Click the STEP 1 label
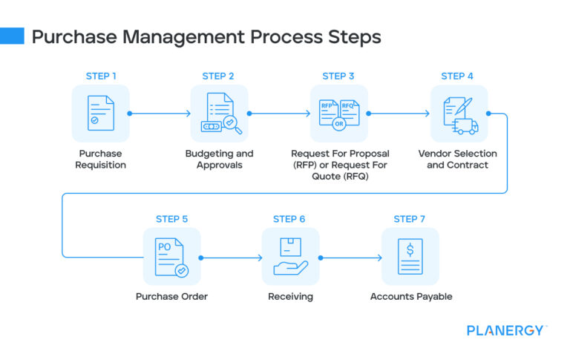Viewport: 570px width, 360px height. click(100, 76)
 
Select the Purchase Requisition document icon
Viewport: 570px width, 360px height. click(100, 114)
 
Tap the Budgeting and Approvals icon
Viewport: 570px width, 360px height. click(220, 114)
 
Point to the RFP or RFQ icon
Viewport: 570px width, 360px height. click(338, 114)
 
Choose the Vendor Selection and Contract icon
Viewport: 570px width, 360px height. click(459, 114)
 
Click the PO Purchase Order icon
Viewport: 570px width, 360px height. click(171, 257)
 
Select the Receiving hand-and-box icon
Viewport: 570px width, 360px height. click(290, 257)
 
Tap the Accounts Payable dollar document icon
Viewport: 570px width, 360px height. click(410, 257)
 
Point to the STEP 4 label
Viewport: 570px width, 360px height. click(457, 76)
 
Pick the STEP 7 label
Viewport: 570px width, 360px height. click(410, 219)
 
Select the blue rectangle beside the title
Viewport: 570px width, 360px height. click(12, 36)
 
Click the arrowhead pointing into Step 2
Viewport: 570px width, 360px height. click(188, 114)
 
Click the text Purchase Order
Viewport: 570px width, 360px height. click(171, 296)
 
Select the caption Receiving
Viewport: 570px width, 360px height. click(290, 296)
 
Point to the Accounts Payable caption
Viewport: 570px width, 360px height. click(410, 296)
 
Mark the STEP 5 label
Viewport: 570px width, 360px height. click(171, 219)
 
